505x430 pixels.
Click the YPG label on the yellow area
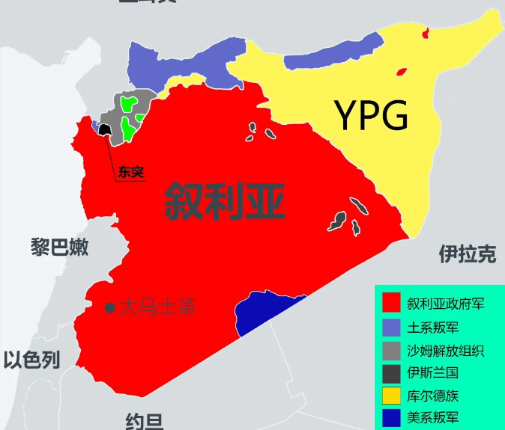pos(372,117)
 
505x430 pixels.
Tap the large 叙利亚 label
pos(225,201)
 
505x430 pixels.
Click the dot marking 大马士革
pos(110,307)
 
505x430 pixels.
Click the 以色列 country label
pos(31,360)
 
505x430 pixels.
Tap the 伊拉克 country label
pos(467,255)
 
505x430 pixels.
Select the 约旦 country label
pos(144,422)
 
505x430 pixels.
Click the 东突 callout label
pos(130,173)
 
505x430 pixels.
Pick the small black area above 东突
pos(104,132)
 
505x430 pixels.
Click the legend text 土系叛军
pos(434,328)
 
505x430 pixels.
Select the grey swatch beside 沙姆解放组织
pos(391,350)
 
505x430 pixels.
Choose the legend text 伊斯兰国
pos(433,372)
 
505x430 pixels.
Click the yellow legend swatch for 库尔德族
pos(391,396)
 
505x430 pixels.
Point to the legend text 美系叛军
pos(434,418)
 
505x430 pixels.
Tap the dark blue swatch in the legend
pos(391,418)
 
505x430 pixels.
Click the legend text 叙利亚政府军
pos(445,304)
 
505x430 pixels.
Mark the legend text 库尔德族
pos(433,396)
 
